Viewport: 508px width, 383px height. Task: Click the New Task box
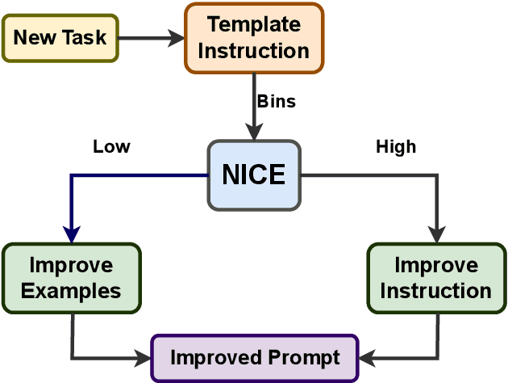click(x=60, y=37)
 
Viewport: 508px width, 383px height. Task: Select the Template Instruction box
click(x=254, y=38)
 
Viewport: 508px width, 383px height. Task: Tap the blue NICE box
click(x=254, y=175)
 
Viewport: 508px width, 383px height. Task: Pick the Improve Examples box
click(x=72, y=278)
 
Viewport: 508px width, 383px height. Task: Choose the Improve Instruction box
click(x=436, y=278)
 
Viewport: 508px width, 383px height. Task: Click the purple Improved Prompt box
click(x=255, y=358)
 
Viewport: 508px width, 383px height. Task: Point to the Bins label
click(x=276, y=102)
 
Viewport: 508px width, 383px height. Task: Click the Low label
click(x=111, y=146)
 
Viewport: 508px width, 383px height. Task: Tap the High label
click(x=396, y=146)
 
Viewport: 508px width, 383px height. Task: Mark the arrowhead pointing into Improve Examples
click(x=72, y=235)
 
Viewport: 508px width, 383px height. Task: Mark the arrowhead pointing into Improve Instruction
click(x=436, y=235)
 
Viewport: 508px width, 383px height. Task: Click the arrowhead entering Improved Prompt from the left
click(x=144, y=356)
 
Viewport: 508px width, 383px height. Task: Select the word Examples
click(x=72, y=290)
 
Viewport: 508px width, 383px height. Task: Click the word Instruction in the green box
click(x=436, y=290)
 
